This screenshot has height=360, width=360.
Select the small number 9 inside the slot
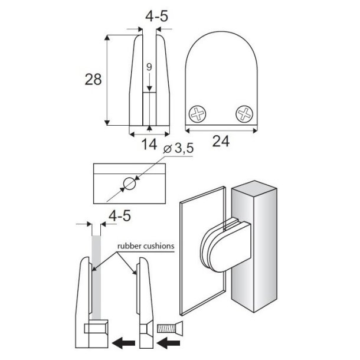coord(149,67)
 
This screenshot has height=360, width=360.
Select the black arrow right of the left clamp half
coord(122,342)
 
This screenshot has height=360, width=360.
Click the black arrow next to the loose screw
coord(171,342)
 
